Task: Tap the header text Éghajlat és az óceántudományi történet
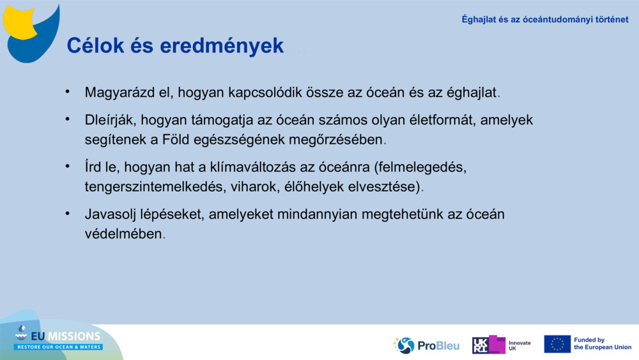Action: pos(545,19)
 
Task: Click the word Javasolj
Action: pos(110,215)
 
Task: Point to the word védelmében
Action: pos(123,234)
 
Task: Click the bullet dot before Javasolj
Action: pos(67,214)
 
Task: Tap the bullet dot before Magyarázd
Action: pos(67,91)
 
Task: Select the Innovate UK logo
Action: pos(501,345)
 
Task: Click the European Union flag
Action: pos(557,344)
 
